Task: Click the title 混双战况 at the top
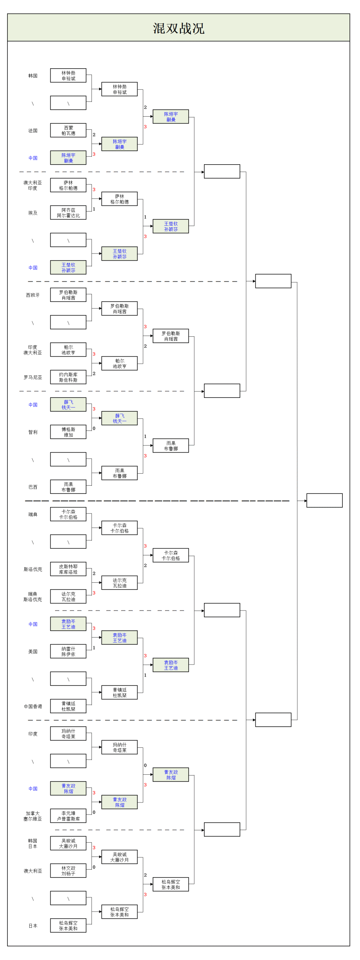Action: pos(178,28)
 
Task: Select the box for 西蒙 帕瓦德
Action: pos(68,130)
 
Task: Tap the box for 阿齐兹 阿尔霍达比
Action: pos(68,213)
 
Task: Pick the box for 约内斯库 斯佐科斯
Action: pos(68,377)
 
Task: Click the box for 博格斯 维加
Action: pos(68,432)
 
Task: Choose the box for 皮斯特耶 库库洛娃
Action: pos(68,569)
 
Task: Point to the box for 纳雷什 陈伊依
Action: pos(68,651)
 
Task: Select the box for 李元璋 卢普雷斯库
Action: pos(68,816)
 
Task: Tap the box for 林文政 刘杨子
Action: pos(68,871)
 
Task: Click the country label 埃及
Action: pos(33,213)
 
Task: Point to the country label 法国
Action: pos(33,131)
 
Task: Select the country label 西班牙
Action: pos(33,295)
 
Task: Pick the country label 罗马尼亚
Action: pos(33,378)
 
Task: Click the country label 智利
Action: pos(33,432)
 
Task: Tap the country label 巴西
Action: pos(33,487)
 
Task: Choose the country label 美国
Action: pos(33,652)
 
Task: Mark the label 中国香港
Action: pos(33,706)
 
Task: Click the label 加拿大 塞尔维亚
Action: pos(33,816)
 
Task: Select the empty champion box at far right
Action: pos(324,500)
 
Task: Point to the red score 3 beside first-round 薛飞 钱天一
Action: pos(94,409)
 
